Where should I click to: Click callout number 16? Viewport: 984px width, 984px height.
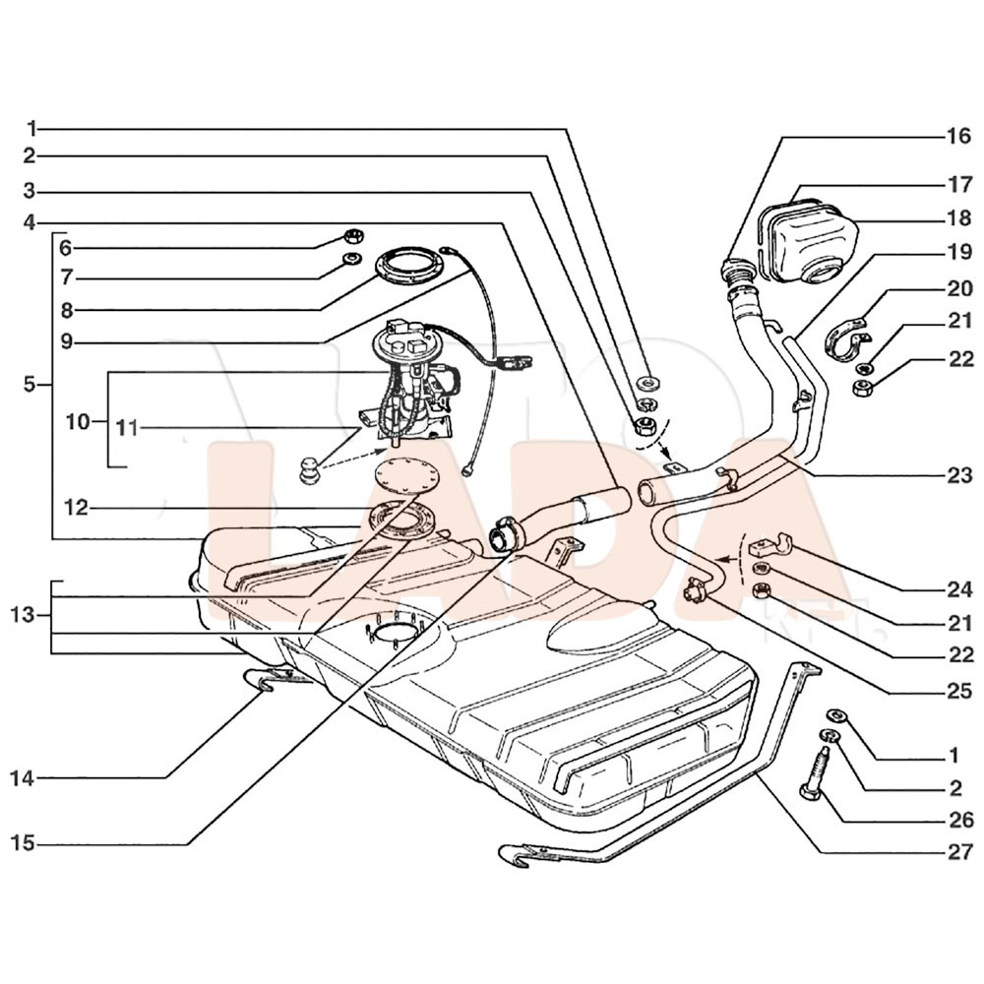click(958, 137)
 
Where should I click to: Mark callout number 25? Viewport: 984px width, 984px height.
click(958, 691)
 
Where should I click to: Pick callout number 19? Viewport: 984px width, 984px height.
click(958, 253)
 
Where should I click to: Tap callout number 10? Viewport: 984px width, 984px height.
click(77, 422)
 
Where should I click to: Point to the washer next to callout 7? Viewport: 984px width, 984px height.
click(349, 259)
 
